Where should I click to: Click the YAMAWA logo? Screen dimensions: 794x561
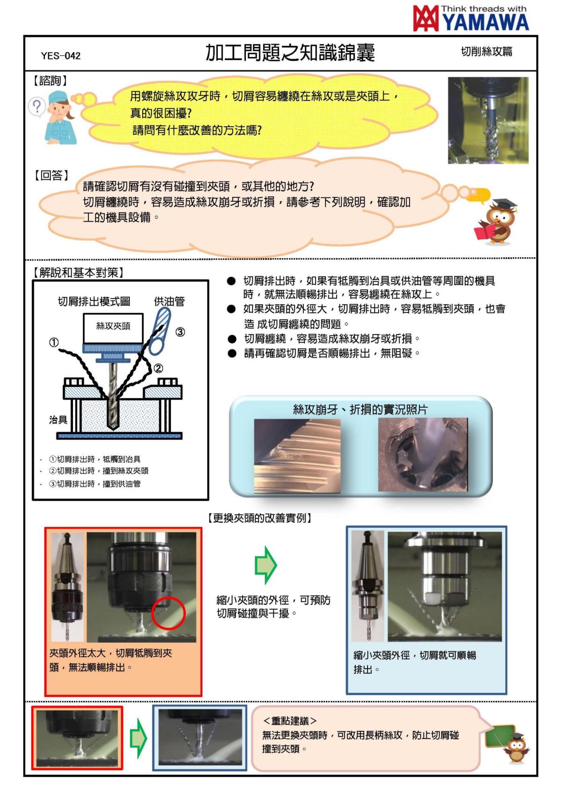471,19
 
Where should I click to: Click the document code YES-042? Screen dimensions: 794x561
61,56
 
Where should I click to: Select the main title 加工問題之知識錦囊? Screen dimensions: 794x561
290,53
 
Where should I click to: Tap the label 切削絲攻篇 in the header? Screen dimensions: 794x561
486,52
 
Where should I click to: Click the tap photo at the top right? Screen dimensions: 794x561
488,120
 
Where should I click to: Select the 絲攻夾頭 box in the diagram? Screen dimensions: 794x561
113,326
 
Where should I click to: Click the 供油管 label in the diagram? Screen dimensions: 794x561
169,302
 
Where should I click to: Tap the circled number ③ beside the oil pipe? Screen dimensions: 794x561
180,332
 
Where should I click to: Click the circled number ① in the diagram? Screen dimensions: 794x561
54,342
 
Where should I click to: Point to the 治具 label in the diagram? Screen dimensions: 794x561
58,420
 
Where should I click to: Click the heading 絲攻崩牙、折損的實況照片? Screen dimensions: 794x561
360,409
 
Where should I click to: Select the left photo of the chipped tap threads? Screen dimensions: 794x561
297,455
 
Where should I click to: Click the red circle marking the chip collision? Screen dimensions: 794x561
169,613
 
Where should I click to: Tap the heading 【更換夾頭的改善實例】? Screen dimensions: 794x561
260,518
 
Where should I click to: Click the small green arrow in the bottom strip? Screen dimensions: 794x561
138,739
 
